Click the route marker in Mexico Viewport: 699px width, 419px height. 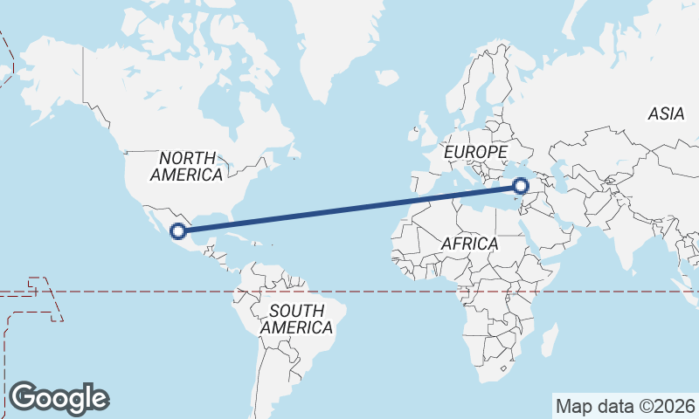178,231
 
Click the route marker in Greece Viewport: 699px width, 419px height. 521,186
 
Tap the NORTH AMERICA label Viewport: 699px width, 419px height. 186,166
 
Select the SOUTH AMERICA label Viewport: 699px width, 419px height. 297,319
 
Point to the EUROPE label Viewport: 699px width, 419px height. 475,153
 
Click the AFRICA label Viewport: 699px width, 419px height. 469,244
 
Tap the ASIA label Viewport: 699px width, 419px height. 666,113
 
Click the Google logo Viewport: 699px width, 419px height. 59,398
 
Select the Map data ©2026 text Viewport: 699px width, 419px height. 625,406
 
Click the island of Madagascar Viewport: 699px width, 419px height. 549,339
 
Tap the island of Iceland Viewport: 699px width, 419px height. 387,78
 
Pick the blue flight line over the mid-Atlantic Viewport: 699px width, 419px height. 349,209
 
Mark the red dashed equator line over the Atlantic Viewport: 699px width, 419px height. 376,292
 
